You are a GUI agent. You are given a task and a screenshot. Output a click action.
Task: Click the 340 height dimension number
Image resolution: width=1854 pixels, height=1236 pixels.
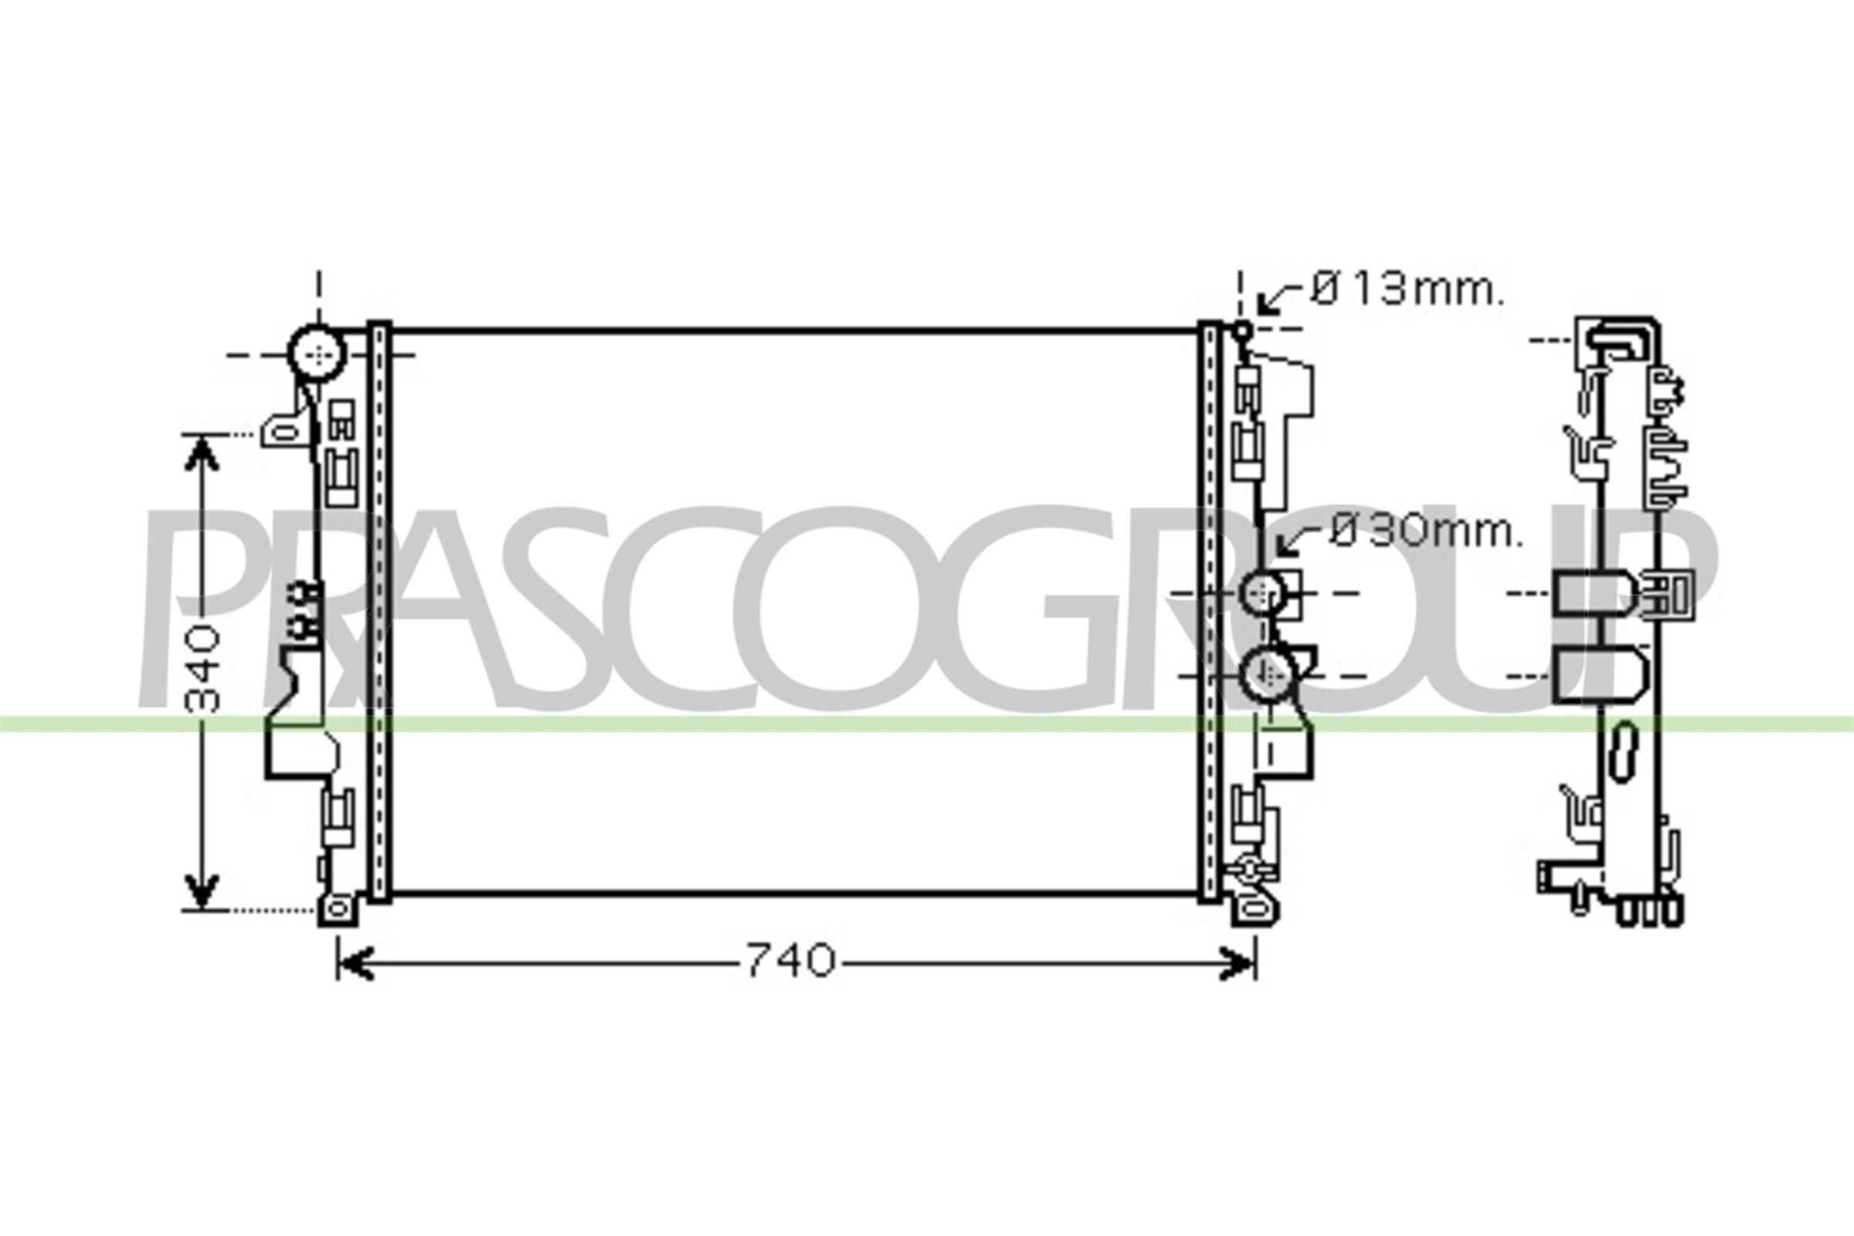(203, 667)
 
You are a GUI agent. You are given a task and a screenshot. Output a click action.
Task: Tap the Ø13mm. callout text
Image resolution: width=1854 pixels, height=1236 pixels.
(1406, 290)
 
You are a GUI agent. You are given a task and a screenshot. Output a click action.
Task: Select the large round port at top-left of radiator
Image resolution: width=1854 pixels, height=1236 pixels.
(317, 355)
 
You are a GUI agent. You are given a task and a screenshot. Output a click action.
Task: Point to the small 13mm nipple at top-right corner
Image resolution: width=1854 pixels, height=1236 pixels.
(1241, 332)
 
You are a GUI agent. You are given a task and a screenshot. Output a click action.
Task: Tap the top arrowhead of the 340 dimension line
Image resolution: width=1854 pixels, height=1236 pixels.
(202, 453)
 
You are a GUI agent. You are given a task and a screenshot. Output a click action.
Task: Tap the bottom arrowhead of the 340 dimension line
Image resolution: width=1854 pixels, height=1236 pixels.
(202, 891)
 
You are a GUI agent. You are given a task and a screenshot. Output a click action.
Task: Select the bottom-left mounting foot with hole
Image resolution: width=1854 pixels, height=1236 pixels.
(338, 910)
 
